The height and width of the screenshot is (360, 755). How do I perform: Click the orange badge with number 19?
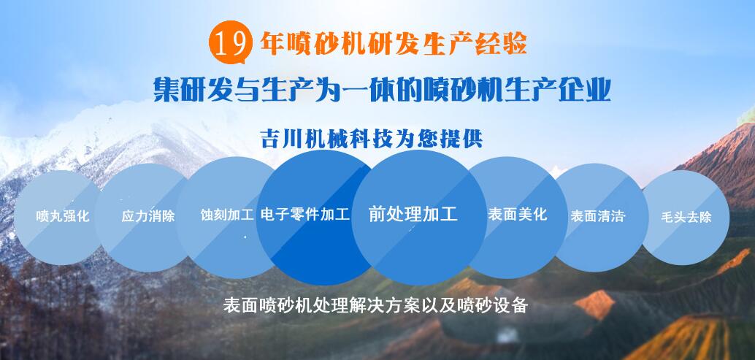tap(231, 42)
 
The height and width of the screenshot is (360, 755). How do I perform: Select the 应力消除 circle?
tap(147, 217)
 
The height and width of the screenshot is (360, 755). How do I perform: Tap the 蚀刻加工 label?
tap(227, 215)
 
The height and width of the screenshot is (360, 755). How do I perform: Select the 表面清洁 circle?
tap(600, 217)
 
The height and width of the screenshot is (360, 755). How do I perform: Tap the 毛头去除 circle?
tap(686, 217)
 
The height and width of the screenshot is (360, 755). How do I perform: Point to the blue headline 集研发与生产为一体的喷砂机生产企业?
tap(382, 90)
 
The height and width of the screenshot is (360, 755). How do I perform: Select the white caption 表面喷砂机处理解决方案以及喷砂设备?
tap(376, 306)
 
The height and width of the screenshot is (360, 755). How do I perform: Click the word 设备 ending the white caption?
tap(513, 306)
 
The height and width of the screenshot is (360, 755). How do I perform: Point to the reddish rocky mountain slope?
tap(722, 159)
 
